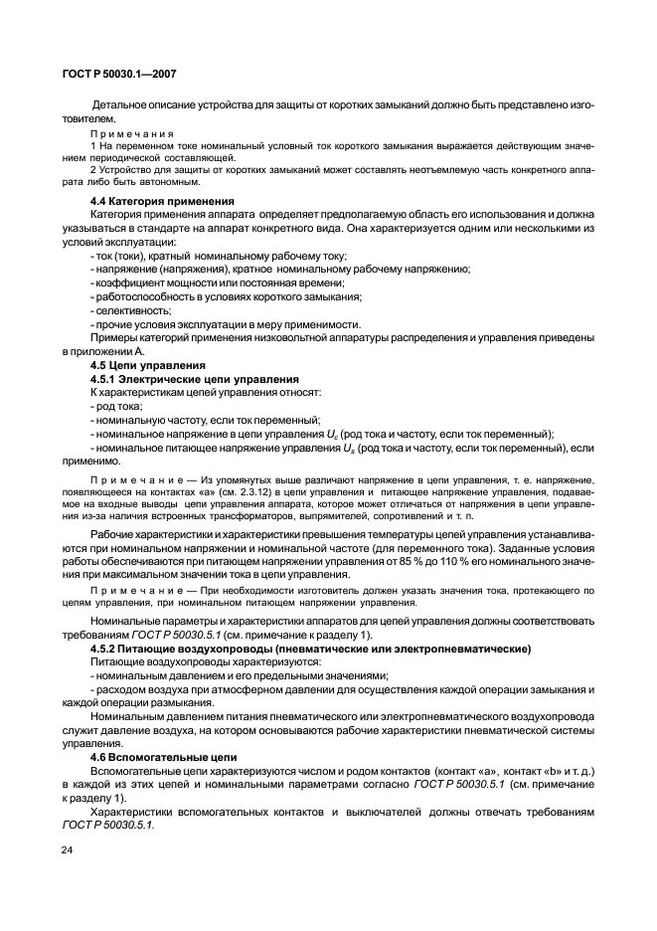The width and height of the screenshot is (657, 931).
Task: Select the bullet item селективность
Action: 124,310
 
